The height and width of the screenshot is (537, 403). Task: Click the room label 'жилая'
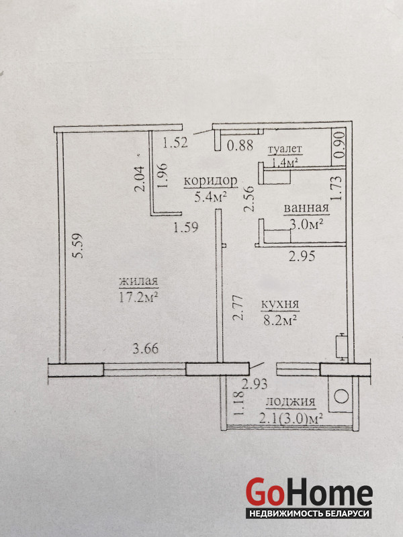[x=138, y=281]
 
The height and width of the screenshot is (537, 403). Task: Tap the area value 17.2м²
[x=138, y=297]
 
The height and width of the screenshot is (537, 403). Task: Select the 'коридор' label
[x=210, y=181]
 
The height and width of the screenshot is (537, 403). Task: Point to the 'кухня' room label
[x=280, y=304]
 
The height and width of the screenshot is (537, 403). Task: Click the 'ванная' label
[x=306, y=208]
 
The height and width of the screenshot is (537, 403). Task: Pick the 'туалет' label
[x=284, y=149]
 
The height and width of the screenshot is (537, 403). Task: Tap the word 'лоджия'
[x=290, y=401]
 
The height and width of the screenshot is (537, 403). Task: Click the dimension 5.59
[x=79, y=246]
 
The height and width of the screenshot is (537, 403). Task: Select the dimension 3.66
[x=146, y=348]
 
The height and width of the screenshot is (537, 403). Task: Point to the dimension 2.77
[x=238, y=308]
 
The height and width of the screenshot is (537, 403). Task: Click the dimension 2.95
[x=302, y=256]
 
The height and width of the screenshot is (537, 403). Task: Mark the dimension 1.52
[x=175, y=142]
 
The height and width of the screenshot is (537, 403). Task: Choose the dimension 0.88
[x=240, y=145]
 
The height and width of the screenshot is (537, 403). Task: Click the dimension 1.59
[x=186, y=228]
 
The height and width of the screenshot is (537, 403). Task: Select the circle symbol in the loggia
[x=341, y=397]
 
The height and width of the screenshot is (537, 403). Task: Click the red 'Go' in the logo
[x=265, y=492]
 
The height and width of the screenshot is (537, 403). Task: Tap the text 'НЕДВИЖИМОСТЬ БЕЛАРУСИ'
[x=310, y=514]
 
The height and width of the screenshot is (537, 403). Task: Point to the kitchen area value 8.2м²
[x=279, y=320]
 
